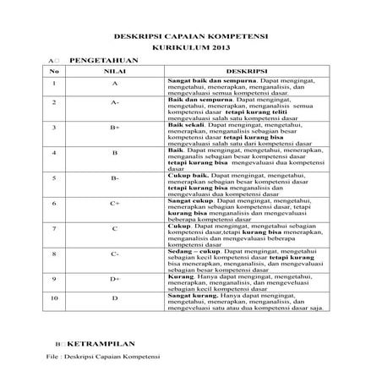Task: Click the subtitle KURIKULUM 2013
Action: [x=191, y=50]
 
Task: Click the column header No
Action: [x=54, y=73]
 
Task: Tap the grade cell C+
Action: [x=114, y=204]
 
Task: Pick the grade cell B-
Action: [x=114, y=179]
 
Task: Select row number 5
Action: [x=54, y=179]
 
